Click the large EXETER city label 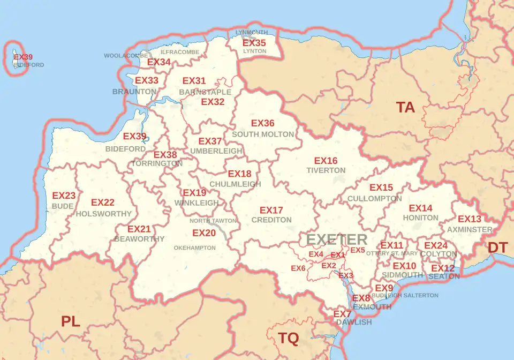pyautogui.click(x=337, y=239)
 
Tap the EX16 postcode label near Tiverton pyautogui.click(x=326, y=161)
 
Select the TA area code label pyautogui.click(x=405, y=107)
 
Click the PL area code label pyautogui.click(x=71, y=321)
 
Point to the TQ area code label pyautogui.click(x=288, y=338)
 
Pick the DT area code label pyautogui.click(x=497, y=247)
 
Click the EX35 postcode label pyautogui.click(x=254, y=43)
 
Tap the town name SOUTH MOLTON pyautogui.click(x=263, y=134)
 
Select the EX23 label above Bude pyautogui.click(x=64, y=196)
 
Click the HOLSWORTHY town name pyautogui.click(x=104, y=214)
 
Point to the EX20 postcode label pyautogui.click(x=204, y=233)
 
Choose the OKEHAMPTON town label pyautogui.click(x=194, y=248)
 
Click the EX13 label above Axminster pyautogui.click(x=470, y=219)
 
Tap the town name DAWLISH pyautogui.click(x=354, y=322)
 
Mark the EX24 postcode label pyautogui.click(x=436, y=245)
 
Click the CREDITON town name pyautogui.click(x=271, y=220)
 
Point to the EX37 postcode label pyautogui.click(x=210, y=141)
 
